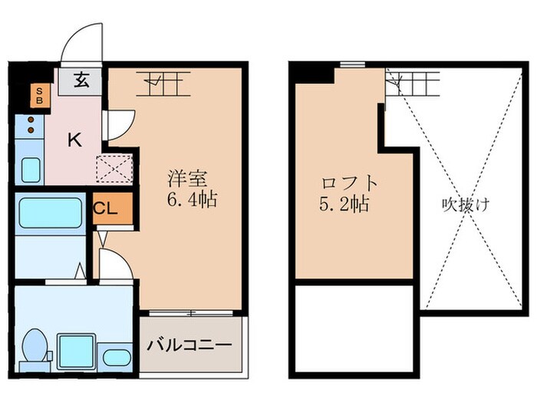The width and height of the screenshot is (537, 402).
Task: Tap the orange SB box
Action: pyautogui.click(x=36, y=96)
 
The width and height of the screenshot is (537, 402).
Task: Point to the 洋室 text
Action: pyautogui.click(x=188, y=180)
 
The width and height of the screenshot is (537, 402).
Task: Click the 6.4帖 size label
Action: pyautogui.click(x=192, y=201)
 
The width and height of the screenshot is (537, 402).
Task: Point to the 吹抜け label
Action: pyautogui.click(x=465, y=204)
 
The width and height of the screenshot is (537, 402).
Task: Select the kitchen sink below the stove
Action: pyautogui.click(x=30, y=168)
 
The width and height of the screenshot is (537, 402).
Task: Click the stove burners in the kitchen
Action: pyautogui.click(x=30, y=125)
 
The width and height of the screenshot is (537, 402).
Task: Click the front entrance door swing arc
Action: pyautogui.click(x=82, y=42)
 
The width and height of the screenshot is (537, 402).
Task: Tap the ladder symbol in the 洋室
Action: pyautogui.click(x=163, y=82)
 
